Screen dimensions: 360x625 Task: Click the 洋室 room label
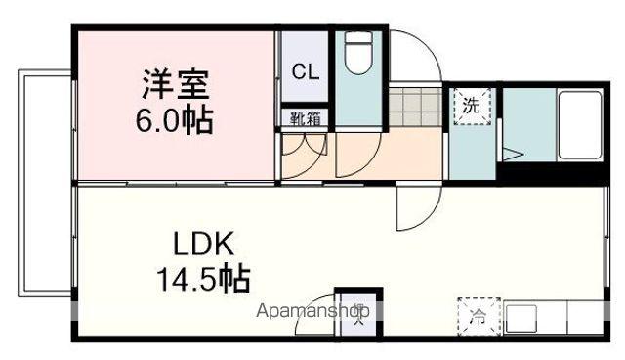point(178,84)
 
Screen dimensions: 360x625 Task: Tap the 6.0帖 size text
point(176,122)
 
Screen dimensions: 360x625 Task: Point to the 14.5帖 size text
point(203,279)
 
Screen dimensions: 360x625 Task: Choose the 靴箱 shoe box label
point(304,118)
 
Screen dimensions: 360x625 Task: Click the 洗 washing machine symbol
point(472,106)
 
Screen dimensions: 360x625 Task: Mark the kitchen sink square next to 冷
point(521,318)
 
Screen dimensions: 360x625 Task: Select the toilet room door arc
point(357,155)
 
